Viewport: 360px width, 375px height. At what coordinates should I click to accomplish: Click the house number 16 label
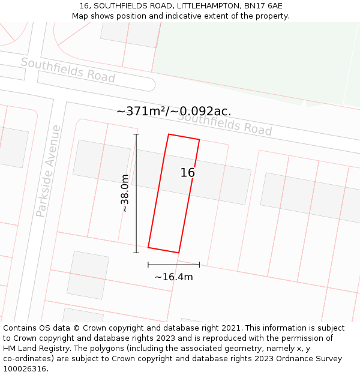(x=188, y=173)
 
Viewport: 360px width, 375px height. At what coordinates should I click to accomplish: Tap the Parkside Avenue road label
(x=49, y=171)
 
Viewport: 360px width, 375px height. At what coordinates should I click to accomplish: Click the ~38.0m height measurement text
(x=124, y=193)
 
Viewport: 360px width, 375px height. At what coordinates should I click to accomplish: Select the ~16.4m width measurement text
(x=174, y=277)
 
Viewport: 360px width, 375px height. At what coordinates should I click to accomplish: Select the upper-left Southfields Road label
(x=68, y=70)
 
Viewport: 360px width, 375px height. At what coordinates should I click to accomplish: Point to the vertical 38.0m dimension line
(x=136, y=192)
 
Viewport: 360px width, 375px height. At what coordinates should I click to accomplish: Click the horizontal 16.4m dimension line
(x=174, y=264)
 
